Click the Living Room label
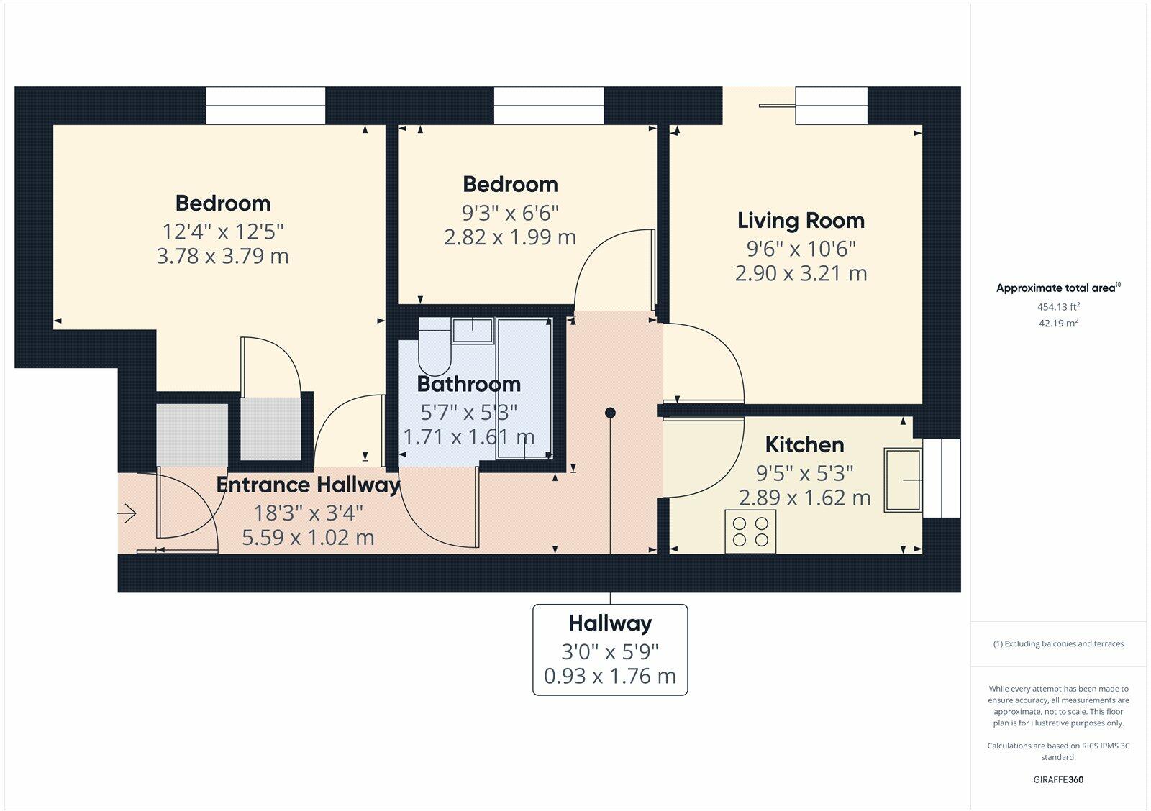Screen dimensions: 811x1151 [x=801, y=221]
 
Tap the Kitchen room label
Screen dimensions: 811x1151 [x=804, y=444]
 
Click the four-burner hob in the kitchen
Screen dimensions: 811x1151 [x=750, y=531]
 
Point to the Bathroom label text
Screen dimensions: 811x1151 [x=468, y=384]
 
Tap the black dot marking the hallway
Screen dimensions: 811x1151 [x=610, y=413]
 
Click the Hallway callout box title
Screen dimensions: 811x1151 [x=610, y=623]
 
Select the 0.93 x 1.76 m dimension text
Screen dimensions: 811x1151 [x=610, y=677]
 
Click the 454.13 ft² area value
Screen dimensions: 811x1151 [x=1057, y=306]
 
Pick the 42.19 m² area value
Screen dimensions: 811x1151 [x=1057, y=323]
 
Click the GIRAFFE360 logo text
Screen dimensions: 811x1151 [x=1057, y=779]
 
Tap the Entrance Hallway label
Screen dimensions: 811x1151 [x=308, y=485]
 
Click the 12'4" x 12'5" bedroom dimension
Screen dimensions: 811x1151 [x=222, y=232]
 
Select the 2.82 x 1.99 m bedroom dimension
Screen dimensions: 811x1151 [x=510, y=237]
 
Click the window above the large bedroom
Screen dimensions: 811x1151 [x=265, y=105]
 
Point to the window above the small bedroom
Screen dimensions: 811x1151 [x=548, y=105]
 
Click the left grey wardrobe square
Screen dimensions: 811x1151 [x=192, y=434]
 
